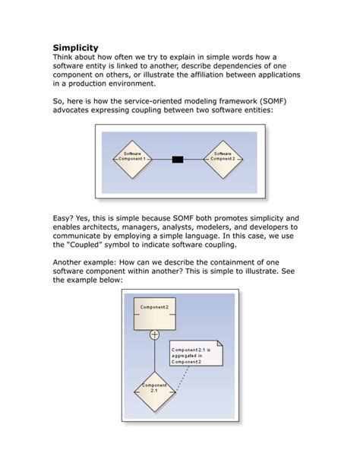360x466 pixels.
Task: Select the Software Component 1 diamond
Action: (x=132, y=159)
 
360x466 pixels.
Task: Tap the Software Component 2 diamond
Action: (x=223, y=159)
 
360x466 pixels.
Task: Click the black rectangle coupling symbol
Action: (x=178, y=159)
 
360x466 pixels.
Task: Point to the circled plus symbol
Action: (x=154, y=334)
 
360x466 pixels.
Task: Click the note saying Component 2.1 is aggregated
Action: (x=196, y=356)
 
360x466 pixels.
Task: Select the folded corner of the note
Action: (x=219, y=344)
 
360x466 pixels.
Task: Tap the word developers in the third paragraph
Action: (x=267, y=227)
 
